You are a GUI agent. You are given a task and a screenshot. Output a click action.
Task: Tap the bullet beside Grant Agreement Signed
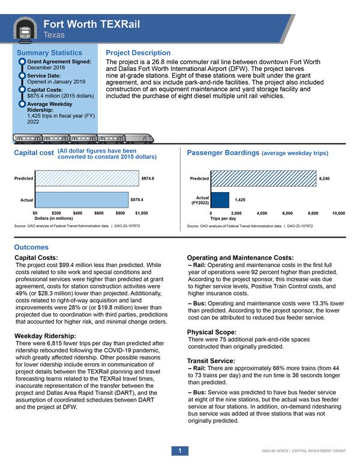[22, 61]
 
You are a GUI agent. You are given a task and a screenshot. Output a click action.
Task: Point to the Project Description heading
[138, 53]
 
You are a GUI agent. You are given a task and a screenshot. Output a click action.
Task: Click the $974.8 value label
[148, 178]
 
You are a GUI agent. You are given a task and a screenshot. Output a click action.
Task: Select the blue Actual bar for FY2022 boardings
[220, 199]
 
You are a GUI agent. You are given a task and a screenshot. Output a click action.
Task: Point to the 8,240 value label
[325, 178]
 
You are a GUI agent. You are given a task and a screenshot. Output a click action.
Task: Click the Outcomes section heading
[31, 247]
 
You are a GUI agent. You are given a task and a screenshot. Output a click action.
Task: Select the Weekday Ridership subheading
[45, 335]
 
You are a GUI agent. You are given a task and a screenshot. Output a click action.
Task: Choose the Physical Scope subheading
[211, 332]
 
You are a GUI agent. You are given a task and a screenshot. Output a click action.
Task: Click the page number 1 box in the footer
[179, 450]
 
